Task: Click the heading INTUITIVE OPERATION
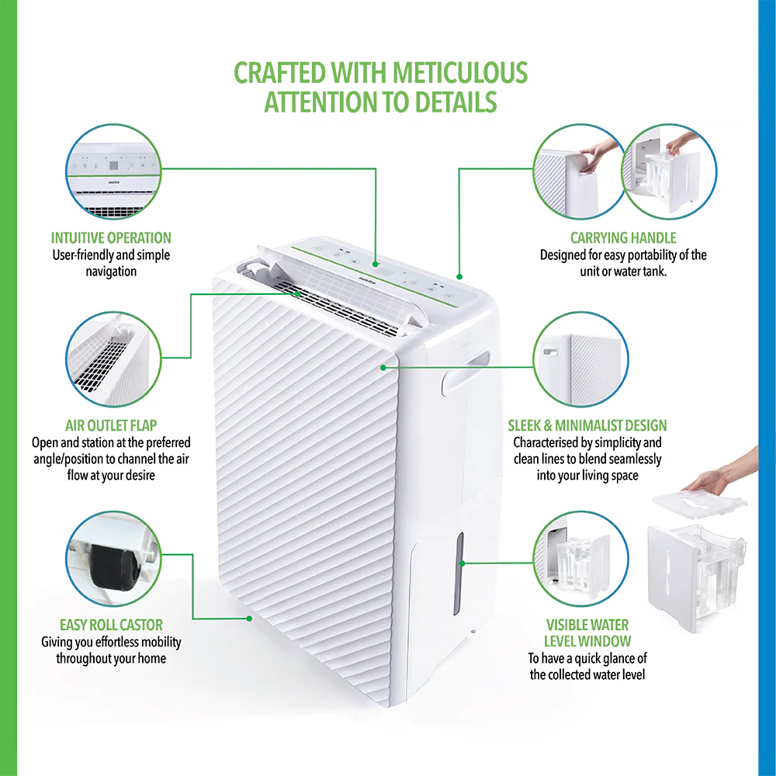[x=111, y=238]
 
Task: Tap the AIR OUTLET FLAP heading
[x=111, y=425]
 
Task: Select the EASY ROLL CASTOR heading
[x=111, y=625]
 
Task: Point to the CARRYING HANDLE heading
[x=623, y=238]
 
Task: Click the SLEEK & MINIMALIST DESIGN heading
[x=587, y=425]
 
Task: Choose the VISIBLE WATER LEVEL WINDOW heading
[x=587, y=633]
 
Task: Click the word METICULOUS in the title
[x=460, y=73]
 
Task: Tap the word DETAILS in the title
[x=456, y=102]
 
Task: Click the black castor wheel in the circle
[x=113, y=567]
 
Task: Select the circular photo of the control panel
[x=113, y=171]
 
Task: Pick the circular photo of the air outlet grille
[x=113, y=359]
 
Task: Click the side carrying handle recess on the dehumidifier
[x=465, y=374]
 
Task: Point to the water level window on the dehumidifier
[x=459, y=574]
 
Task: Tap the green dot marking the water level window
[x=462, y=563]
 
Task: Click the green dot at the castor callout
[x=249, y=618]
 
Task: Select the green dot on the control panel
[x=376, y=265]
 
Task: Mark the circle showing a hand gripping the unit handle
[x=579, y=171]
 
